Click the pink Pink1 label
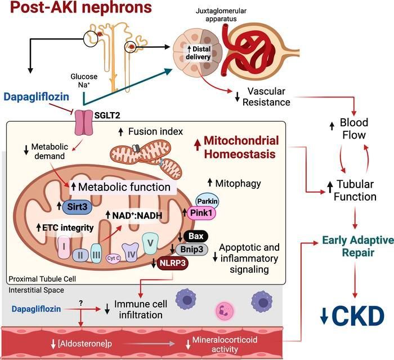pyautogui.click(x=207, y=214)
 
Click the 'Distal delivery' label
pyautogui.click(x=196, y=52)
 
